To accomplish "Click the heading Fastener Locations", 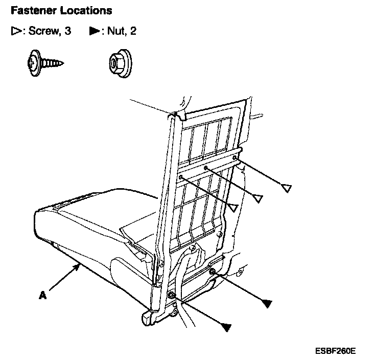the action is [x=61, y=10].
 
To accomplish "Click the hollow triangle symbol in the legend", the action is [x=15, y=32].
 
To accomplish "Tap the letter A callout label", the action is [x=42, y=295].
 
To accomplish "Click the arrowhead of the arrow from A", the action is [x=77, y=265].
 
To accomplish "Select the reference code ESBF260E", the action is [x=335, y=351].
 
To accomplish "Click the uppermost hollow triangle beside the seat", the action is [x=287, y=188].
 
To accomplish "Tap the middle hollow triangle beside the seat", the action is [x=258, y=197].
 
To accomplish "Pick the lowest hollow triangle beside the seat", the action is [x=233, y=207].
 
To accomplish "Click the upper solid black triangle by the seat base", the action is [x=265, y=304].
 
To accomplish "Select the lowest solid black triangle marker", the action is [x=226, y=325].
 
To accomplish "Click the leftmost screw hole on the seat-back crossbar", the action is [x=181, y=177].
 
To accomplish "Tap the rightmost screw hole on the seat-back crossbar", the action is [x=234, y=159].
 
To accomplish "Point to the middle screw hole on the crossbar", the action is [x=205, y=168].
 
